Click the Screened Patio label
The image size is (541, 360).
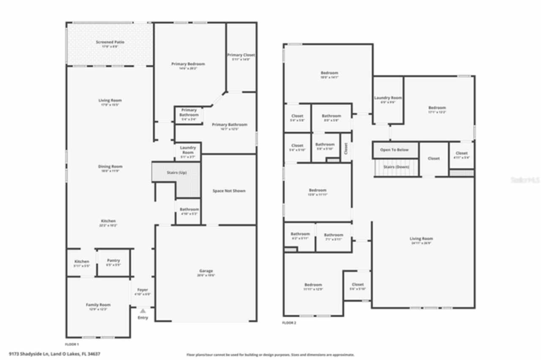pyautogui.click(x=110, y=42)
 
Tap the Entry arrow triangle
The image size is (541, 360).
pyautogui.click(x=143, y=311)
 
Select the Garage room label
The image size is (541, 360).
pyautogui.click(x=206, y=271)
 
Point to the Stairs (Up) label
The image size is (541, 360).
pyautogui.click(x=177, y=173)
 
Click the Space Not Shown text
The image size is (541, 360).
pyautogui.click(x=229, y=191)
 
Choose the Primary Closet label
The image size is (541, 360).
pyautogui.click(x=241, y=55)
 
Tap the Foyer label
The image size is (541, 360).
pyautogui.click(x=143, y=290)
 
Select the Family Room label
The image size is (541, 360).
pyautogui.click(x=98, y=305)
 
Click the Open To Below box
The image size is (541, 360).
pyautogui.click(x=394, y=150)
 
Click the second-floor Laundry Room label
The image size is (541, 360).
pyautogui.click(x=388, y=98)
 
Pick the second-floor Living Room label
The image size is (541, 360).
pyautogui.click(x=421, y=239)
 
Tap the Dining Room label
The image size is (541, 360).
pyautogui.click(x=110, y=167)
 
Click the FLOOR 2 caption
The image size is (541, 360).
pyautogui.click(x=289, y=323)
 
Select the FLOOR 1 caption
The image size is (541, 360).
pyautogui.click(x=72, y=344)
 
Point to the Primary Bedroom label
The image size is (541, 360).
pyautogui.click(x=188, y=64)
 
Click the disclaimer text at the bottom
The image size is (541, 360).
pyautogui.click(x=270, y=355)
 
